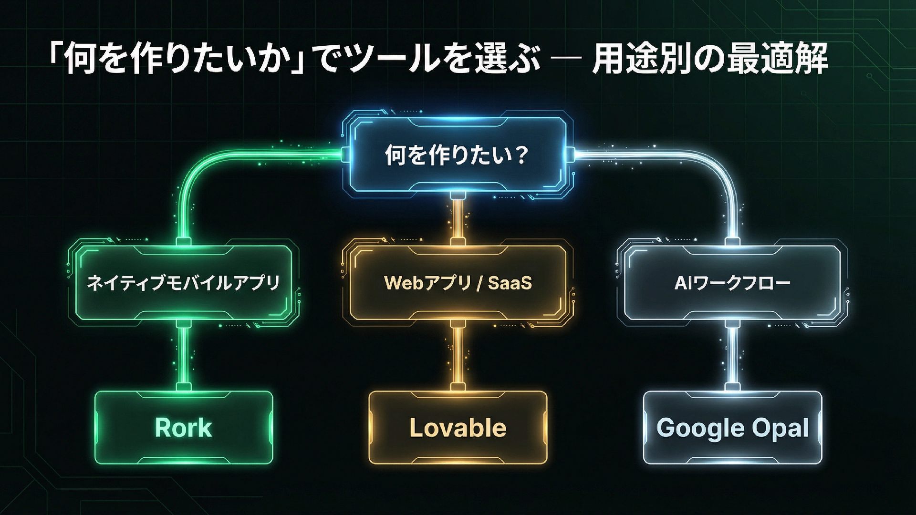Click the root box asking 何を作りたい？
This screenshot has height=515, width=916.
pyautogui.click(x=458, y=155)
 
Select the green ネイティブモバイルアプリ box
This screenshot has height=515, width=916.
pyautogui.click(x=184, y=282)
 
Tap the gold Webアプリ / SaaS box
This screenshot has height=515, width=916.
pyautogui.click(x=458, y=282)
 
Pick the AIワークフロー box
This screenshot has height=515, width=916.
pyautogui.click(x=732, y=282)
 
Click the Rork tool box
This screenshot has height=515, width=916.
pyautogui.click(x=184, y=427)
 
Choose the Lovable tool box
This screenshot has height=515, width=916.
pyautogui.click(x=458, y=427)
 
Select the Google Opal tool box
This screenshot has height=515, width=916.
pyautogui.click(x=732, y=427)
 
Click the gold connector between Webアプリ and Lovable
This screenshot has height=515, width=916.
pyautogui.click(x=458, y=355)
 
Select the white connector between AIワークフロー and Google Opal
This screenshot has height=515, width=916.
pyautogui.click(x=732, y=355)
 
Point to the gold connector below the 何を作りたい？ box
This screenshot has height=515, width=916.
pyautogui.click(x=458, y=219)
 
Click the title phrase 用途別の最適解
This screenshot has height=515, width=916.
pyautogui.click(x=709, y=60)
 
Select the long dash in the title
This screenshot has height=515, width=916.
pyautogui.click(x=566, y=60)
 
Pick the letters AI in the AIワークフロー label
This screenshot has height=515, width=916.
pyautogui.click(x=681, y=283)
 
